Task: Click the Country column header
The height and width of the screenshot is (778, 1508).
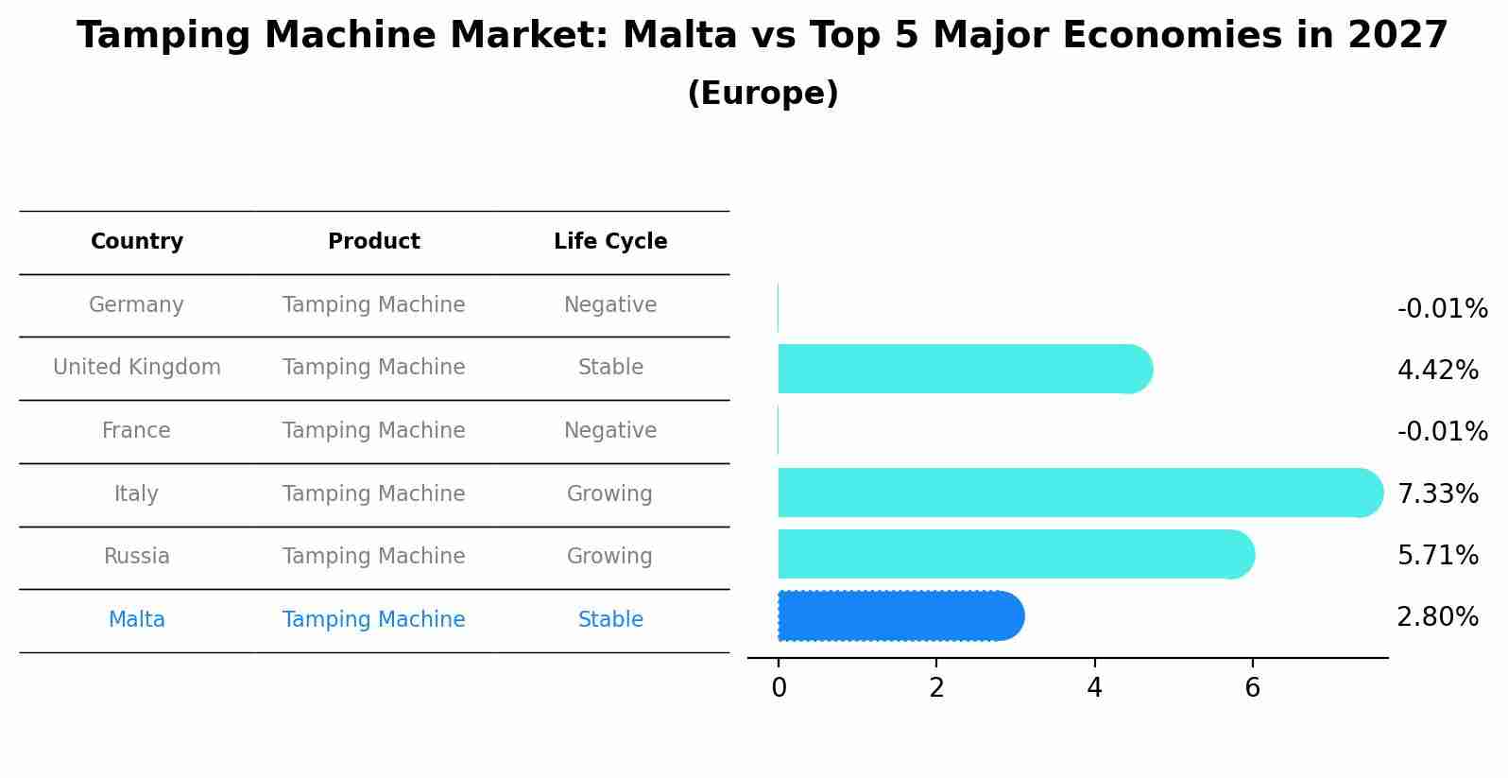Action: (137, 242)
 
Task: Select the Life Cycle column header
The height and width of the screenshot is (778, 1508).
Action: (610, 242)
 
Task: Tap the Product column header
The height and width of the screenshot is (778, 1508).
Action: (374, 242)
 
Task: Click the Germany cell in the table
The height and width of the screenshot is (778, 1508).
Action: (136, 305)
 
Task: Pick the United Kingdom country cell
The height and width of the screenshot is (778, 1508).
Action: (137, 368)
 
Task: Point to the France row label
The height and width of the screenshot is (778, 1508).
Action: (136, 431)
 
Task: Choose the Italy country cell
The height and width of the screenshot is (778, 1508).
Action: (136, 494)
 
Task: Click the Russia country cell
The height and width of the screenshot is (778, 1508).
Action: (137, 557)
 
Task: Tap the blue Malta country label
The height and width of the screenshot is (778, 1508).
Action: (137, 620)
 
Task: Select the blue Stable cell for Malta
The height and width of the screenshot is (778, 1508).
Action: (610, 620)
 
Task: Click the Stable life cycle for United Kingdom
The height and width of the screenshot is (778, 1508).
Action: (610, 368)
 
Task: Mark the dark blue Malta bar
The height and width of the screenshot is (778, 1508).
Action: (898, 616)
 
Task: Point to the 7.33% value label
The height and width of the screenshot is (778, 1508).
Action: (1437, 494)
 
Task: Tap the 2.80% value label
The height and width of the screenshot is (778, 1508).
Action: (1437, 617)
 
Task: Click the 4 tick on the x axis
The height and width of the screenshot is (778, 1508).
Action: (1094, 688)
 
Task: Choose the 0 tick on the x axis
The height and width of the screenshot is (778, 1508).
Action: (779, 688)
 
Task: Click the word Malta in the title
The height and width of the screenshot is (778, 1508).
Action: (679, 36)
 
